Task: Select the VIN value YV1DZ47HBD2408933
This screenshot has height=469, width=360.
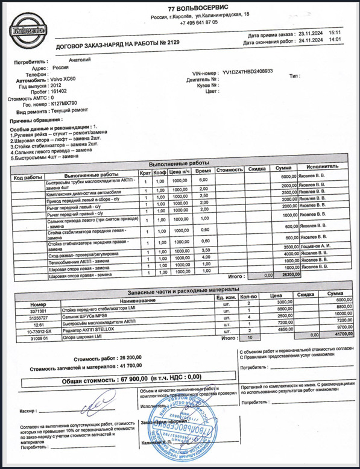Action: (x=247, y=71)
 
